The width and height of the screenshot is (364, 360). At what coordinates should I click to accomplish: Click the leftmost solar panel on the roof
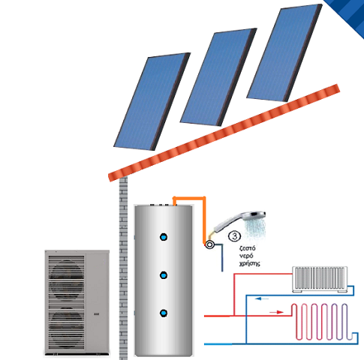pyautogui.click(x=152, y=101)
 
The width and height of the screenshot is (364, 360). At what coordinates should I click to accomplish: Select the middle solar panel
pyautogui.click(x=218, y=77)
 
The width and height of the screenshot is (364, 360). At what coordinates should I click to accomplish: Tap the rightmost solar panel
pyautogui.click(x=284, y=52)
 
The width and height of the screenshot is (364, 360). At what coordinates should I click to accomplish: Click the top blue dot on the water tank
pyautogui.click(x=164, y=237)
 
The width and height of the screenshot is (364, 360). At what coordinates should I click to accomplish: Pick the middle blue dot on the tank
pyautogui.click(x=164, y=275)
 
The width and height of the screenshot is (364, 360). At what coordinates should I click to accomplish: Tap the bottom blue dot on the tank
pyautogui.click(x=164, y=313)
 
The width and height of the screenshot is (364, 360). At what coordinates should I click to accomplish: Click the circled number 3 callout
pyautogui.click(x=235, y=236)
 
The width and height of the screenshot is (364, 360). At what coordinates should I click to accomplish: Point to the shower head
pyautogui.click(x=239, y=223)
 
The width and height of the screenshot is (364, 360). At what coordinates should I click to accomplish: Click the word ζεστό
pyautogui.click(x=248, y=248)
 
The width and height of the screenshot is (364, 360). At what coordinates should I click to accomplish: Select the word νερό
pyautogui.click(x=246, y=256)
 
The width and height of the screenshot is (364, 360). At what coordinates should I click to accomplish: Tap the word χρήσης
pyautogui.click(x=250, y=264)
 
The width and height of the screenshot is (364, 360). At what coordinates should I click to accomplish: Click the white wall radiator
pyautogui.click(x=320, y=279)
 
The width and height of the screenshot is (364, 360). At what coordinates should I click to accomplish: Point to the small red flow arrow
pyautogui.click(x=276, y=312)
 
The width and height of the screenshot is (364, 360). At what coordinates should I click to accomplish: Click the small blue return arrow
pyautogui.click(x=262, y=298)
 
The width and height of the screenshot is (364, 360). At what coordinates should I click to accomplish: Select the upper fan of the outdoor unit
pyautogui.click(x=66, y=280)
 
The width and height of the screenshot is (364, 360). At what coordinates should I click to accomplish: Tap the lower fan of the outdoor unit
pyautogui.click(x=66, y=328)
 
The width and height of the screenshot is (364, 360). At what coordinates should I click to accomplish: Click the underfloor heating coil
pyautogui.click(x=322, y=322)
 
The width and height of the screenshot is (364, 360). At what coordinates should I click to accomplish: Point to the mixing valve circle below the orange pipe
pyautogui.click(x=209, y=244)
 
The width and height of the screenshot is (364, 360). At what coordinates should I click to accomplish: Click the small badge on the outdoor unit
pyautogui.click(x=97, y=314)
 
